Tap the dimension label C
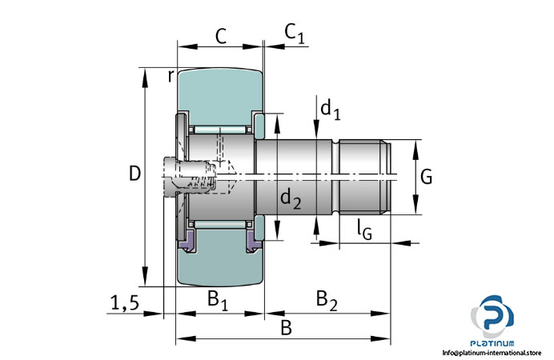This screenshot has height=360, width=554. click(220, 35)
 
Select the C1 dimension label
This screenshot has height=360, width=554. click(295, 34)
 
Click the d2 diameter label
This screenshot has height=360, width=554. click(291, 200)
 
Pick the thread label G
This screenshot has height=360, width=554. click(426, 177)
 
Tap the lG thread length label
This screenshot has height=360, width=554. click(364, 231)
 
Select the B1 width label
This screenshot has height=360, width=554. click(218, 300)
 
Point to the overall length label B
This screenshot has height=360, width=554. click(286, 327)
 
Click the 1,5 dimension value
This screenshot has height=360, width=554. click(124, 302)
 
